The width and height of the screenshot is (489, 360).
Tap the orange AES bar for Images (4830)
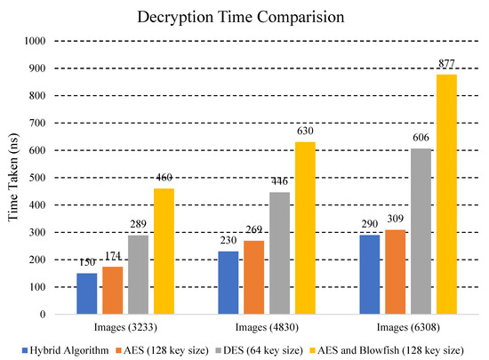click(254, 277)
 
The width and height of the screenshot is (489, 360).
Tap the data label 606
click(421, 140)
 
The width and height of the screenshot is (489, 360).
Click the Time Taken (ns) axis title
click(12, 178)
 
